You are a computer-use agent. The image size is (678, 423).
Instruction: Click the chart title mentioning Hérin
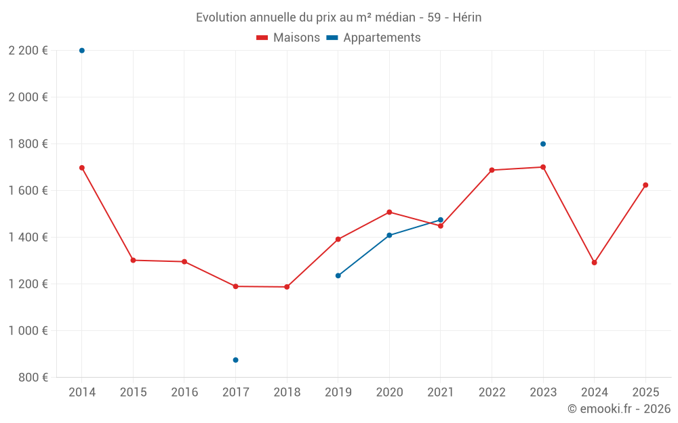[338, 18]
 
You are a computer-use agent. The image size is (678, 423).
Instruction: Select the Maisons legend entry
[288, 38]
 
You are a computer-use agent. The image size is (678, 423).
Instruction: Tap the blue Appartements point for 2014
[82, 51]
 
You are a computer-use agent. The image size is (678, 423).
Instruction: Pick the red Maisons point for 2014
[82, 168]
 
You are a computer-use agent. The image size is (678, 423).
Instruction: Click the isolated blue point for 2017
[235, 360]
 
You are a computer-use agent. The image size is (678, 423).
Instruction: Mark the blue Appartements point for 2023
[543, 144]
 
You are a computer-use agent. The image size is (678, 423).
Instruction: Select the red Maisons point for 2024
[594, 263]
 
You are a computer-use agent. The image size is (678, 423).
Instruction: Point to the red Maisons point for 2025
[645, 185]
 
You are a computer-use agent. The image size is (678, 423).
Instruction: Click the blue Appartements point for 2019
[338, 275]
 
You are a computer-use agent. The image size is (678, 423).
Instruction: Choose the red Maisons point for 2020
[389, 212]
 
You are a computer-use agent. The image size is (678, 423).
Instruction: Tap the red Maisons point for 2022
[492, 171]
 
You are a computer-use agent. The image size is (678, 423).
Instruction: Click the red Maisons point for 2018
[287, 287]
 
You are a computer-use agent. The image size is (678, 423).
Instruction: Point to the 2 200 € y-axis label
[28, 51]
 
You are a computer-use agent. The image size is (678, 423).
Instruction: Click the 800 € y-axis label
[33, 378]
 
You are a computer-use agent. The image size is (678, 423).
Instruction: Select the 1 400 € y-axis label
[28, 238]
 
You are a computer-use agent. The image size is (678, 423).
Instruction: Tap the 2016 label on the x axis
[184, 393]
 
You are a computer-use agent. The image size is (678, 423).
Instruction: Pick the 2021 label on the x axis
[441, 393]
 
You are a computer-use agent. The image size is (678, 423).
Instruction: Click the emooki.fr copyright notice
[618, 409]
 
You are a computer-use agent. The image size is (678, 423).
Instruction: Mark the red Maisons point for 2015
[133, 260]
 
